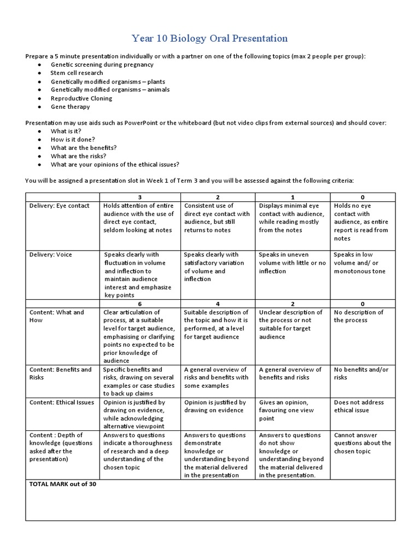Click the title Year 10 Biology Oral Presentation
coord(209,38)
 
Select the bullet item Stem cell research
coord(76,73)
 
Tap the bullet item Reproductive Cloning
coord(81,98)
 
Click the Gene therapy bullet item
coord(70,107)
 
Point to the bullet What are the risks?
coord(78,156)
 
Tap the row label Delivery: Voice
coord(50,255)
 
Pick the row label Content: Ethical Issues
coord(61,402)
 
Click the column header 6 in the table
coord(139,304)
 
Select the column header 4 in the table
coord(218,304)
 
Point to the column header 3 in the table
coord(139,197)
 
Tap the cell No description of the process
coord(359,316)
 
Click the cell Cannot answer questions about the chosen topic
coord(362,443)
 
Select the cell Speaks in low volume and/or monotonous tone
coord(359,263)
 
